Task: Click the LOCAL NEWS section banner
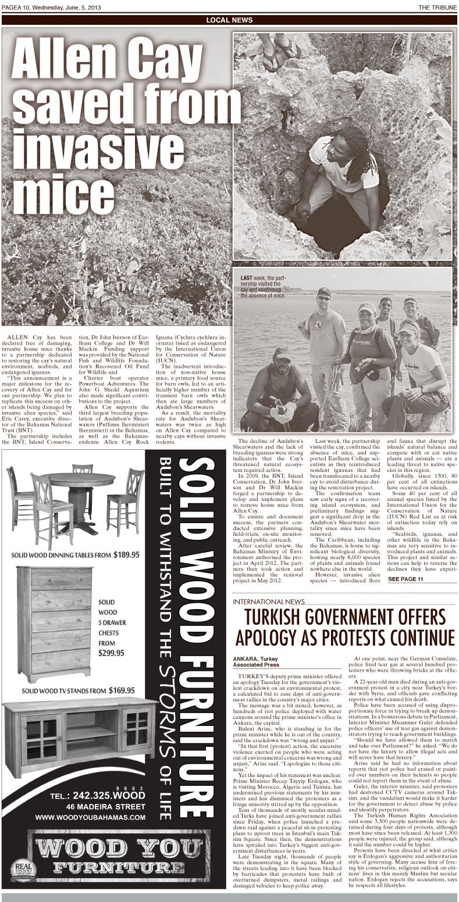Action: tap(229, 20)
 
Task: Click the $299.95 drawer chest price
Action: tap(111, 653)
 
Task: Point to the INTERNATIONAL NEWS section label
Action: tap(267, 601)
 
